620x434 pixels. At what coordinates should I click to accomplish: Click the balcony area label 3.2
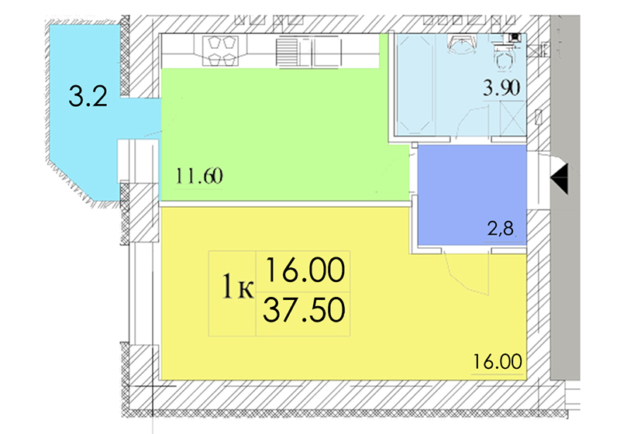point(88,96)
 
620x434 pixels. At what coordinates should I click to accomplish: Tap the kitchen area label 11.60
point(199,176)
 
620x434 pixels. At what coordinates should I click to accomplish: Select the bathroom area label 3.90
point(501,88)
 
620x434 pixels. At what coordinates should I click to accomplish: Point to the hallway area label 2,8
point(500,228)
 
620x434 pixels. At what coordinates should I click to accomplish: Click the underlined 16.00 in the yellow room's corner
point(498,362)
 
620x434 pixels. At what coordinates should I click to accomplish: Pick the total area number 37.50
point(304,310)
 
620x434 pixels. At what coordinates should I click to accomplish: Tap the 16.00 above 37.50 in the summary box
point(305,270)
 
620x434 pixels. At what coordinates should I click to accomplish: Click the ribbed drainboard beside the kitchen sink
point(286,52)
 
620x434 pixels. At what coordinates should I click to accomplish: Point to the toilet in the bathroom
point(504,57)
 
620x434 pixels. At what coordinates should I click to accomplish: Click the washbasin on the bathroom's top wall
point(460,44)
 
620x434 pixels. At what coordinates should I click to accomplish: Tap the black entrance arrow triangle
point(560,179)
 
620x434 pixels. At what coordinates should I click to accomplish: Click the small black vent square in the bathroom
point(515,37)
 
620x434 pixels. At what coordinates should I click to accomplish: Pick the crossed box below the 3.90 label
point(512,117)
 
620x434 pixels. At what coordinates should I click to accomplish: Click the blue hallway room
point(472,195)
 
